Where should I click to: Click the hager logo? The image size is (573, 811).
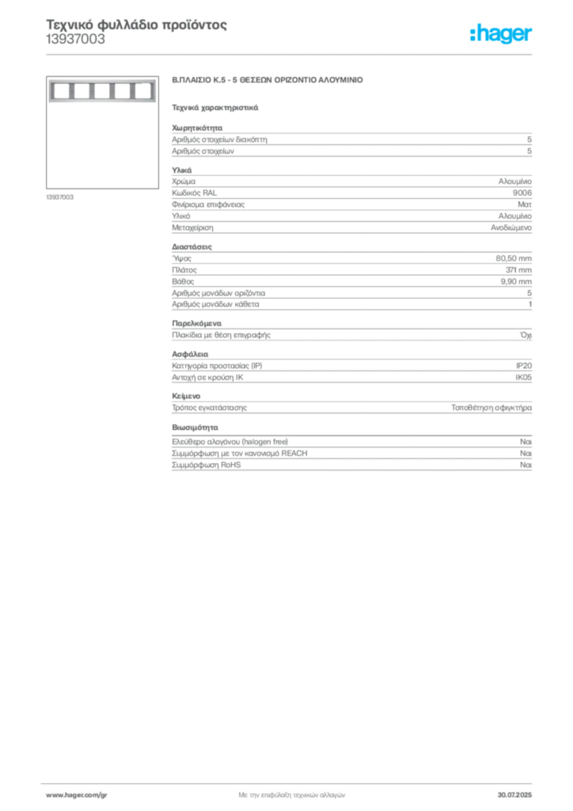501,34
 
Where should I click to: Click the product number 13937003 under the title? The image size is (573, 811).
75,40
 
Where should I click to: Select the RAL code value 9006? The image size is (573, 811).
522,193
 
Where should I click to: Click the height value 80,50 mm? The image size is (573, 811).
514,259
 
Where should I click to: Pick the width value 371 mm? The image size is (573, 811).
518,270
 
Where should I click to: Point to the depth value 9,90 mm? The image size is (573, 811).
516,281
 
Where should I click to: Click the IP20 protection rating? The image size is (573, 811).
524,366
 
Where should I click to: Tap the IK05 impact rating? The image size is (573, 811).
523,378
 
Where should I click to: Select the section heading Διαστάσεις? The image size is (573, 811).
192,247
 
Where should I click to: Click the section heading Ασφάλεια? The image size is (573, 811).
190,354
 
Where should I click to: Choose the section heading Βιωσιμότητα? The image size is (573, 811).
195,428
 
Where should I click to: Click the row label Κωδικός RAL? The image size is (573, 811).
194,193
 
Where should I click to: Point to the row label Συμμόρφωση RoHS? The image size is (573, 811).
206,465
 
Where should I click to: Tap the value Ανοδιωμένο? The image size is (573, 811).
511,227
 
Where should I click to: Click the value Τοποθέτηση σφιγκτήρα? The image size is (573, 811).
491,408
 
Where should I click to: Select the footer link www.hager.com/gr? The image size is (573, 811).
77,795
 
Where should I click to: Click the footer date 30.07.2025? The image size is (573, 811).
514,795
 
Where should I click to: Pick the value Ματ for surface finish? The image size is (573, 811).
525,205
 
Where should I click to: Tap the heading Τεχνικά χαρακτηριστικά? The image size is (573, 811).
215,108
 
